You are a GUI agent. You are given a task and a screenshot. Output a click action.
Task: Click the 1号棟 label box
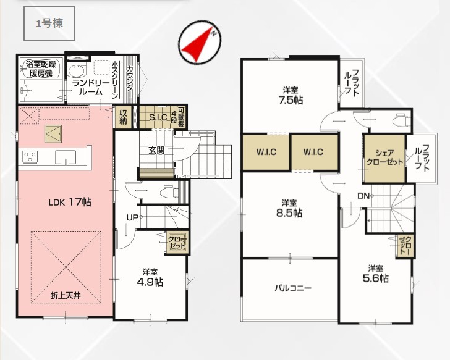[49, 23]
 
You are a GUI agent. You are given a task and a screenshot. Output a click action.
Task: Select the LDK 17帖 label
[70, 202]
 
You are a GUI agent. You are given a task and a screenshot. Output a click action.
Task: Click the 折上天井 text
[66, 296]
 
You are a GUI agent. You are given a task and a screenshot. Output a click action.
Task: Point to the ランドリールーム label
[91, 88]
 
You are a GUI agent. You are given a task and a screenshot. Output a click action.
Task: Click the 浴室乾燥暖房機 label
[41, 69]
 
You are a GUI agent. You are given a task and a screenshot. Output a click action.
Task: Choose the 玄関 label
[156, 150]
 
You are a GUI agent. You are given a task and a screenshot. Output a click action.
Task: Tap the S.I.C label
[158, 117]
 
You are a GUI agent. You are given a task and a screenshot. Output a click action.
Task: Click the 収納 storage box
[123, 117]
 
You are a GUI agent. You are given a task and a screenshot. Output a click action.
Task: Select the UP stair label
[132, 217]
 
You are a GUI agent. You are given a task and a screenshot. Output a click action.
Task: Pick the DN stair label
[363, 196]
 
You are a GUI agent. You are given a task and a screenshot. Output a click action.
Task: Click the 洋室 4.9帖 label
[150, 277]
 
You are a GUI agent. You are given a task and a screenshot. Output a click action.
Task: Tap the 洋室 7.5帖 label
[291, 96]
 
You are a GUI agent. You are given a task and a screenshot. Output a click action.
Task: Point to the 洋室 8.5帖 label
[289, 208]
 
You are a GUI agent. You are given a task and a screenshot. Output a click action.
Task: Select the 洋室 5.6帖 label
[376, 274]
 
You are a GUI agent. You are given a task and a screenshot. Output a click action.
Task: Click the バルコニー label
[293, 288]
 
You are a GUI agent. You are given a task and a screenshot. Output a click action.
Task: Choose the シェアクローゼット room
[384, 158]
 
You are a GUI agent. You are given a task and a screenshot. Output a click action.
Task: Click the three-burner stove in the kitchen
[30, 157]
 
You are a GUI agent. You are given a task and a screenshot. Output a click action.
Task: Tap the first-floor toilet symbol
[169, 192]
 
